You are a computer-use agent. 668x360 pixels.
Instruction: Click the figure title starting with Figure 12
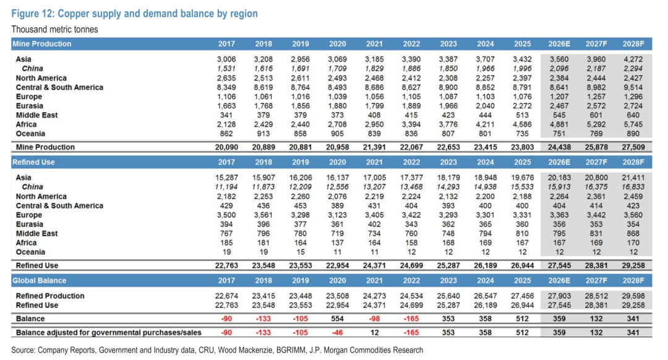[134, 14]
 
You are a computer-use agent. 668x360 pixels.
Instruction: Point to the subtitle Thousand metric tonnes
[54, 30]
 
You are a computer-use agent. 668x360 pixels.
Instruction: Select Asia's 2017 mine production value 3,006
[226, 59]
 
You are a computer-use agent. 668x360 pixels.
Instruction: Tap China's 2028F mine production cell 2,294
[633, 69]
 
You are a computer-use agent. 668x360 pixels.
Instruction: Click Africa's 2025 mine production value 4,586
[522, 124]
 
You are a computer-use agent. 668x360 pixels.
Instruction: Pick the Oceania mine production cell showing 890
[633, 134]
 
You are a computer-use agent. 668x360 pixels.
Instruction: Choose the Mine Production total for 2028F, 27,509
[633, 147]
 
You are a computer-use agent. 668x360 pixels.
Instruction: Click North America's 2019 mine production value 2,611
[301, 78]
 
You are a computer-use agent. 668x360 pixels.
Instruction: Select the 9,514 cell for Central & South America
[633, 87]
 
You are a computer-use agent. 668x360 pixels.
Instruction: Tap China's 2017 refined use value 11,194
[226, 187]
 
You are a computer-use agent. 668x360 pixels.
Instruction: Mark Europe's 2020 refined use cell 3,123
[338, 215]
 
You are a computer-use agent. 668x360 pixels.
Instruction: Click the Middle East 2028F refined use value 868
[633, 234]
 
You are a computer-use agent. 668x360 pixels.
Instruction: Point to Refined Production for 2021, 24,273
[374, 296]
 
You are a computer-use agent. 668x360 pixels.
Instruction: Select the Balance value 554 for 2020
[338, 319]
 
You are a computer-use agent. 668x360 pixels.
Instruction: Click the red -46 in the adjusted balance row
[338, 333]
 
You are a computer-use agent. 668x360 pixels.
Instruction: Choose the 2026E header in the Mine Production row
[559, 44]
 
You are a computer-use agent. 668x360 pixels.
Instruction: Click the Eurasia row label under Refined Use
[30, 225]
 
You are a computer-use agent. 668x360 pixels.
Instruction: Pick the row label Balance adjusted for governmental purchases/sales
[109, 333]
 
